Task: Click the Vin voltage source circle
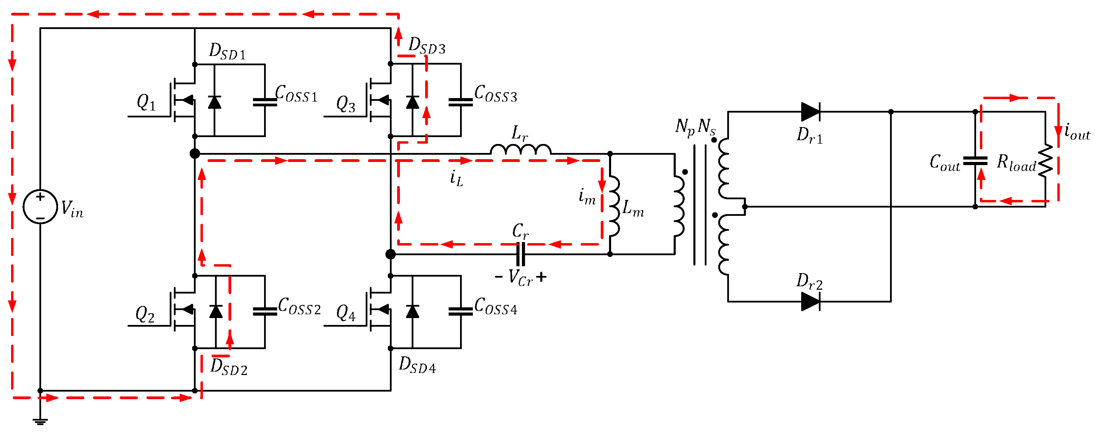point(40,207)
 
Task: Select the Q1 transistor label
point(146,102)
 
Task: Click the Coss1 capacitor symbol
point(264,102)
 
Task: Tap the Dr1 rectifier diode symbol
point(810,112)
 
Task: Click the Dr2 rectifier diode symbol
point(810,301)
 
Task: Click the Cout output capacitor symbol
point(975,161)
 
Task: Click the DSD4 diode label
point(417,365)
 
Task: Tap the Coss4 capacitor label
point(496,306)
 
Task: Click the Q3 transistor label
point(346,104)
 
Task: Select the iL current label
point(456,178)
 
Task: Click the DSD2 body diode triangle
point(216,311)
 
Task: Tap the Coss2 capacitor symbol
point(264,311)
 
